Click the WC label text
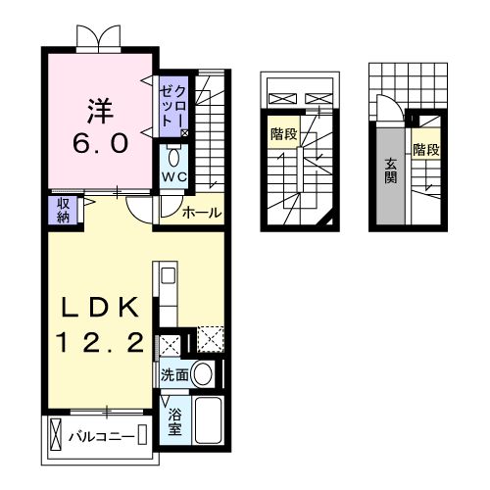tap(174, 177)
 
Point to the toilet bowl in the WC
tap(173, 157)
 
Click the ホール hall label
tap(201, 212)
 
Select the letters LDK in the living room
tap(97, 307)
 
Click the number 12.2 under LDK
tap(98, 343)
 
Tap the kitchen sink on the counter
tap(167, 275)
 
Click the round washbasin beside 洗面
tap(203, 373)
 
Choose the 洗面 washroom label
tap(173, 374)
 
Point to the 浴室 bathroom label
tap(174, 421)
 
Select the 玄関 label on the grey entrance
tap(391, 171)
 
